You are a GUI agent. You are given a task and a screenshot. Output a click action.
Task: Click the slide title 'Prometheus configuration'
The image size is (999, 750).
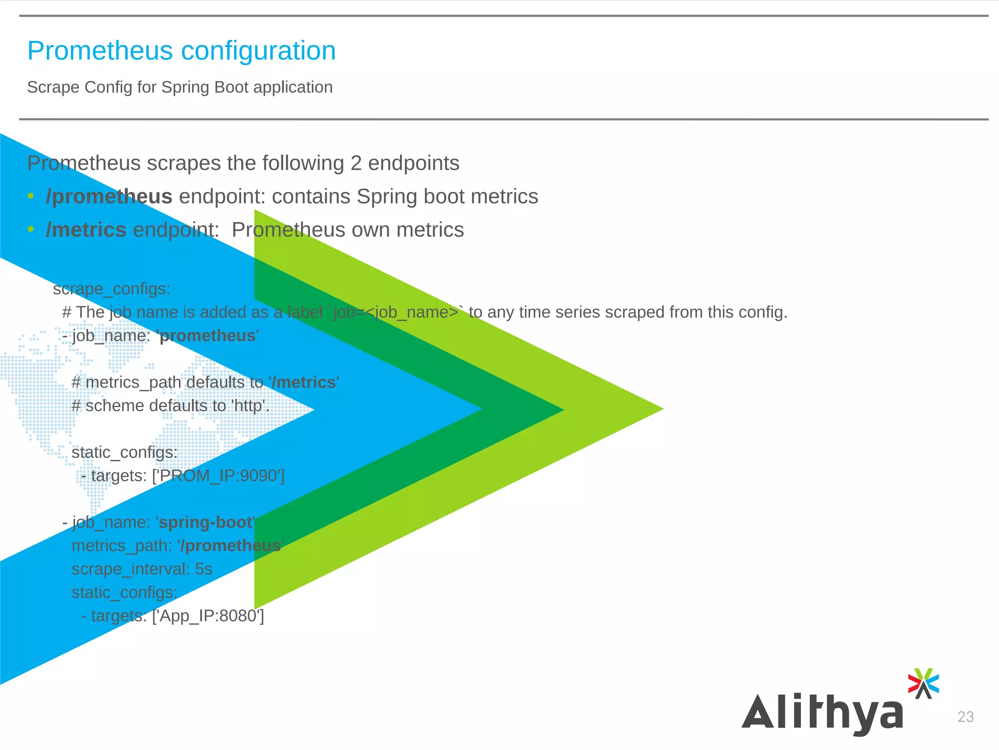click(181, 51)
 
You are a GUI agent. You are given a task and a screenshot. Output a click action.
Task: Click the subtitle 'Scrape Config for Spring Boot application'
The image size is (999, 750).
click(180, 87)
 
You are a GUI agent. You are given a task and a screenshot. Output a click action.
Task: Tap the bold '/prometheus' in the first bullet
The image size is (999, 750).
click(109, 197)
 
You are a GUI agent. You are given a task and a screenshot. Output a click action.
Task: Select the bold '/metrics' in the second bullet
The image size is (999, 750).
click(86, 230)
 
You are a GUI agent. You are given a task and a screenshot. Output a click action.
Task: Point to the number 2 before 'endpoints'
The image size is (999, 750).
click(356, 163)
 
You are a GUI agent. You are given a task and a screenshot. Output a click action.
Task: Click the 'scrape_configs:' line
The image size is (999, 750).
click(112, 289)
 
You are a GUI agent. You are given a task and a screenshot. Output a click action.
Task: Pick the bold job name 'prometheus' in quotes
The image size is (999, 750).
click(208, 336)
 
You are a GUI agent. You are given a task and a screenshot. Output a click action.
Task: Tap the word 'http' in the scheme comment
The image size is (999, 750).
click(249, 406)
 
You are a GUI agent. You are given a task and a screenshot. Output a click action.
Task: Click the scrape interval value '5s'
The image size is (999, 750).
click(203, 569)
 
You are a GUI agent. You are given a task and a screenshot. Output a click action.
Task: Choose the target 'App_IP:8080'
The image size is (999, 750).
click(208, 616)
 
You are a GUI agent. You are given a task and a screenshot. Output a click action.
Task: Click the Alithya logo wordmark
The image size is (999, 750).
click(822, 713)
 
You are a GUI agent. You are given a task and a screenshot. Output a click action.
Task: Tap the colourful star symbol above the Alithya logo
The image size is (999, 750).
click(923, 683)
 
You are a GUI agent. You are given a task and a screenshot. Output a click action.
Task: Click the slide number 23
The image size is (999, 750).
click(965, 717)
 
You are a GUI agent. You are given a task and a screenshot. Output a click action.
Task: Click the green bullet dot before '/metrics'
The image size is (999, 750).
click(31, 229)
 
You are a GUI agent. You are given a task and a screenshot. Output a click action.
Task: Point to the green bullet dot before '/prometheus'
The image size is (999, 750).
click(31, 196)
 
